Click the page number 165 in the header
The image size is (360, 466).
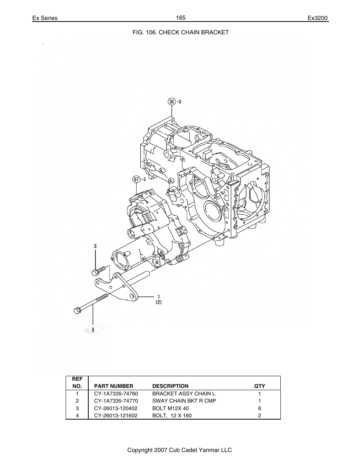180,18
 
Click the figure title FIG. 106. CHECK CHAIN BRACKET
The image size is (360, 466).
180,32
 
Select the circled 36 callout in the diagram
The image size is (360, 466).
172,102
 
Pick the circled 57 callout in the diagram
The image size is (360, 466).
136,179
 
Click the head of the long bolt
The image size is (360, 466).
76,311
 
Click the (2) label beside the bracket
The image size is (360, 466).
158,302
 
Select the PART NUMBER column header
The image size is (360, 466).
114,386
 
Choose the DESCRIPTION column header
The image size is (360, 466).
170,386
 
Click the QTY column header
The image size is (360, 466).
259,386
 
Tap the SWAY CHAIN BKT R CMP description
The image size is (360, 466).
184,401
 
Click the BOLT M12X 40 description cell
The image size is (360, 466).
171,408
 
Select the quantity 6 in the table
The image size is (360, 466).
259,408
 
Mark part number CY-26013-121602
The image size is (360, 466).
116,415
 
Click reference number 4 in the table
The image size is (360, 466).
77,415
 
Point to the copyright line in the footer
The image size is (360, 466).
180,450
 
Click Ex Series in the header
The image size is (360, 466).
45,18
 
